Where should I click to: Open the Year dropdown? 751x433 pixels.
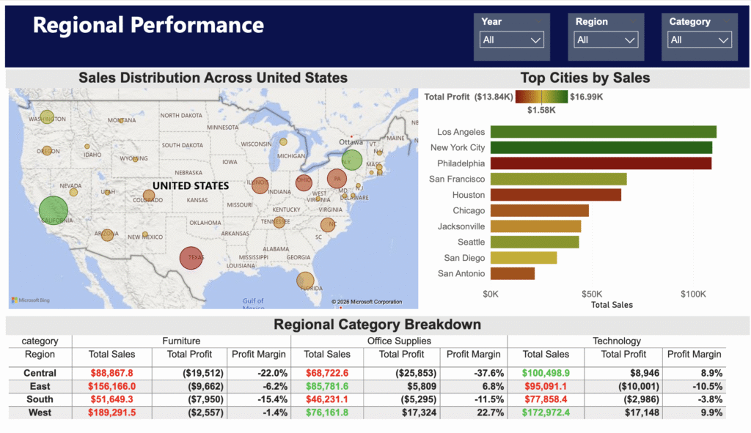pyautogui.click(x=512, y=40)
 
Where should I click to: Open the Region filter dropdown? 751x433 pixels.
pyautogui.click(x=606, y=40)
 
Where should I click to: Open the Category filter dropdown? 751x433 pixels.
pyautogui.click(x=700, y=40)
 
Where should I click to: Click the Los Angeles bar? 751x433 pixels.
pyautogui.click(x=603, y=132)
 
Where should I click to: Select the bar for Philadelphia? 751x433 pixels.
pyautogui.click(x=601, y=163)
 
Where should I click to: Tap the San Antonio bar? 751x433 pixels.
pyautogui.click(x=512, y=273)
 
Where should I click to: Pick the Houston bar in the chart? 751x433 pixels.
pyautogui.click(x=555, y=195)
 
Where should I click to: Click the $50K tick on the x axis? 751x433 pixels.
pyautogui.click(x=592, y=294)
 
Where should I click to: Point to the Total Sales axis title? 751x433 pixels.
pyautogui.click(x=612, y=305)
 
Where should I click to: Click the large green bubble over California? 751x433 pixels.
pyautogui.click(x=53, y=215)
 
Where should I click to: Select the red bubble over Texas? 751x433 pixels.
pyautogui.click(x=192, y=258)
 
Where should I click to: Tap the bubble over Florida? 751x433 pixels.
pyautogui.click(x=306, y=280)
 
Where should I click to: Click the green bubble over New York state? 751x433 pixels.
pyautogui.click(x=352, y=160)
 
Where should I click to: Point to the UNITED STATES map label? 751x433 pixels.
pyautogui.click(x=191, y=186)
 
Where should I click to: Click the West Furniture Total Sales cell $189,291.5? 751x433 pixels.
pyautogui.click(x=111, y=413)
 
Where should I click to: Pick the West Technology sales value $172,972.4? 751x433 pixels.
pyautogui.click(x=546, y=413)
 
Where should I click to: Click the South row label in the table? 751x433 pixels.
pyautogui.click(x=40, y=400)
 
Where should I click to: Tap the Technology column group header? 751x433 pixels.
pyautogui.click(x=616, y=341)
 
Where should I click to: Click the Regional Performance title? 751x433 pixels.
pyautogui.click(x=148, y=26)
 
